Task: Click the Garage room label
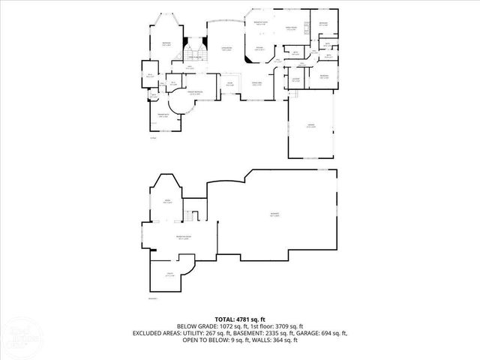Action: click(x=310, y=125)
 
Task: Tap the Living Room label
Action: click(x=225, y=49)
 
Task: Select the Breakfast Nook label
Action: click(x=260, y=24)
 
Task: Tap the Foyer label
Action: click(x=230, y=83)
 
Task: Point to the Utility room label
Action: click(x=170, y=274)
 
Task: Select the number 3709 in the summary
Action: click(x=283, y=326)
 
